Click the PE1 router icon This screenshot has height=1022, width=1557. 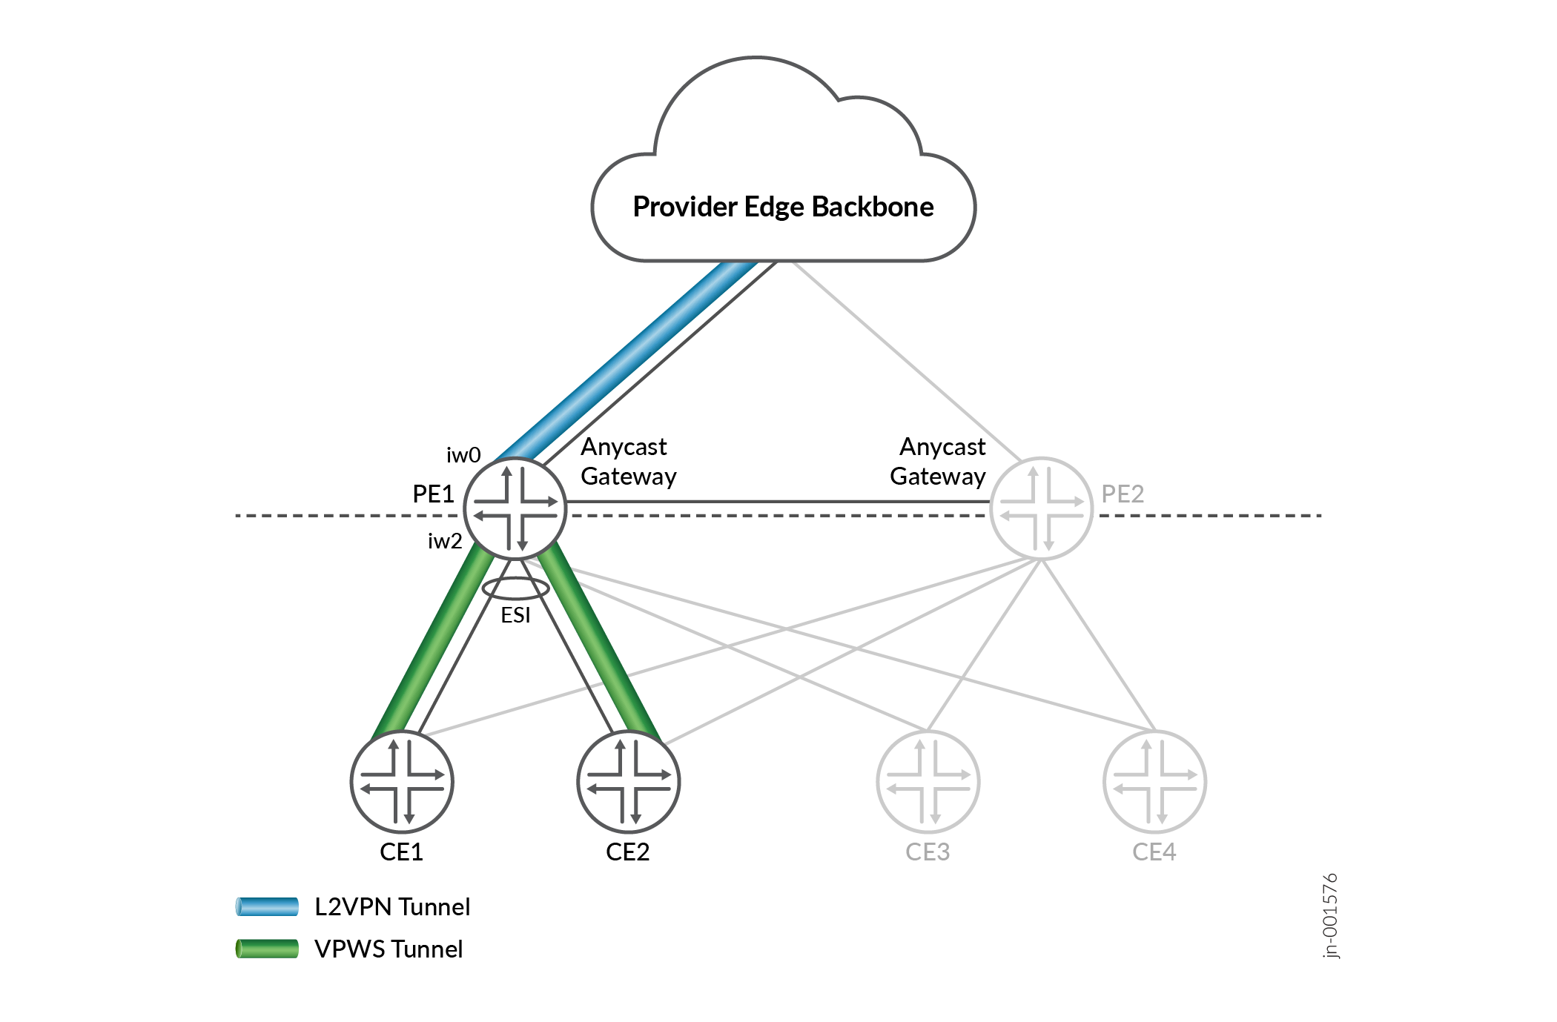click(515, 508)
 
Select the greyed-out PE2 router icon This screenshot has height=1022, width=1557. click(1041, 508)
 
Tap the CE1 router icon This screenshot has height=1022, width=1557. click(402, 781)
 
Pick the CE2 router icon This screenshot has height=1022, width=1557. click(628, 781)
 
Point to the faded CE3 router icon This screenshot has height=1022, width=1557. click(928, 781)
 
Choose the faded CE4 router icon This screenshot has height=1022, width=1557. click(1154, 781)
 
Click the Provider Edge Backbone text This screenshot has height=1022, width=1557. click(783, 207)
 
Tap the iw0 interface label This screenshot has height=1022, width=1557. click(463, 455)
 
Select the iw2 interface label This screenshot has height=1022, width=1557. click(445, 542)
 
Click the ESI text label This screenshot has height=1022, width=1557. click(515, 615)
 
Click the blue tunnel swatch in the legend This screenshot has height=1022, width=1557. click(267, 906)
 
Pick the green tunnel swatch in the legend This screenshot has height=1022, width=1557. click(267, 949)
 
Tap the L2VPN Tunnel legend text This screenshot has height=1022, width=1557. click(392, 906)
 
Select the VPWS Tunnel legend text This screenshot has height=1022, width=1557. click(389, 949)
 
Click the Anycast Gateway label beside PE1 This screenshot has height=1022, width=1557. click(627, 461)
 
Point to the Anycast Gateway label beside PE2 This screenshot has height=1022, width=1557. click(938, 461)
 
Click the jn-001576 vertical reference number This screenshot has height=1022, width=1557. click(1330, 915)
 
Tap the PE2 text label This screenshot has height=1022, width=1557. click(1123, 494)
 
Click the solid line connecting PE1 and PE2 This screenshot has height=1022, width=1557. click(778, 502)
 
